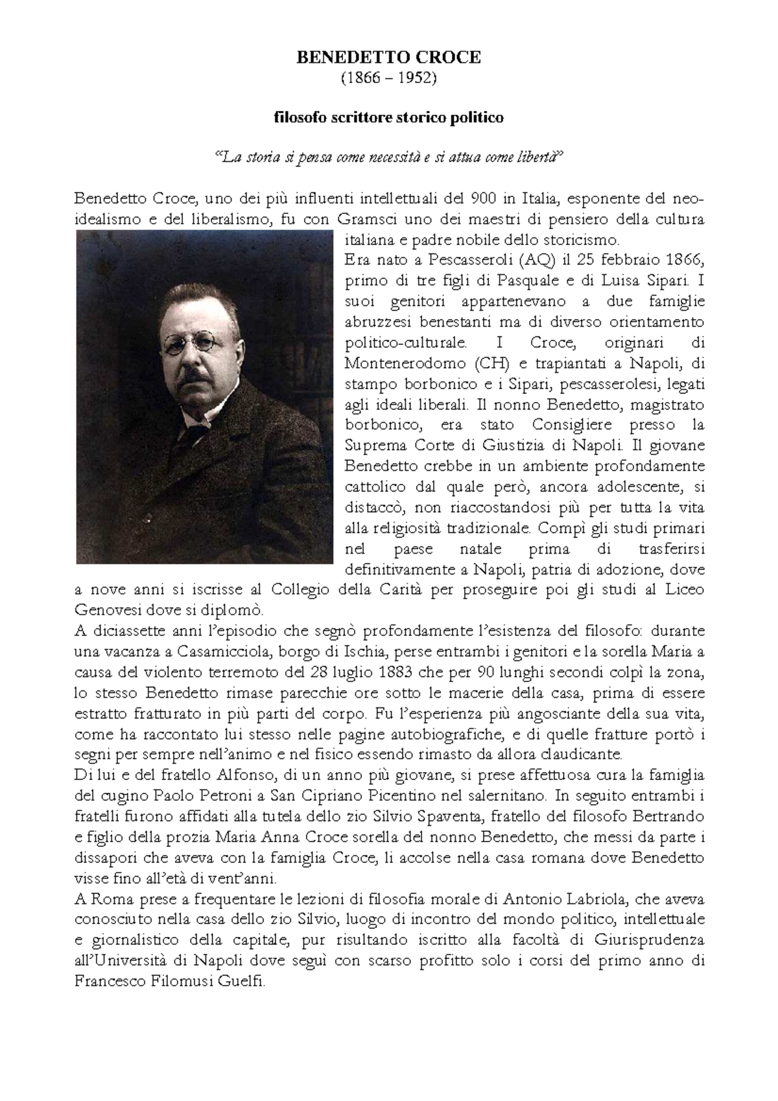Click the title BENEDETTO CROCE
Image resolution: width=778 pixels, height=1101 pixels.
(x=388, y=58)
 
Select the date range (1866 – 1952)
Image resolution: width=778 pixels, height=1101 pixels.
(x=388, y=78)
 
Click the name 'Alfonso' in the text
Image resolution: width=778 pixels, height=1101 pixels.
(x=241, y=775)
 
